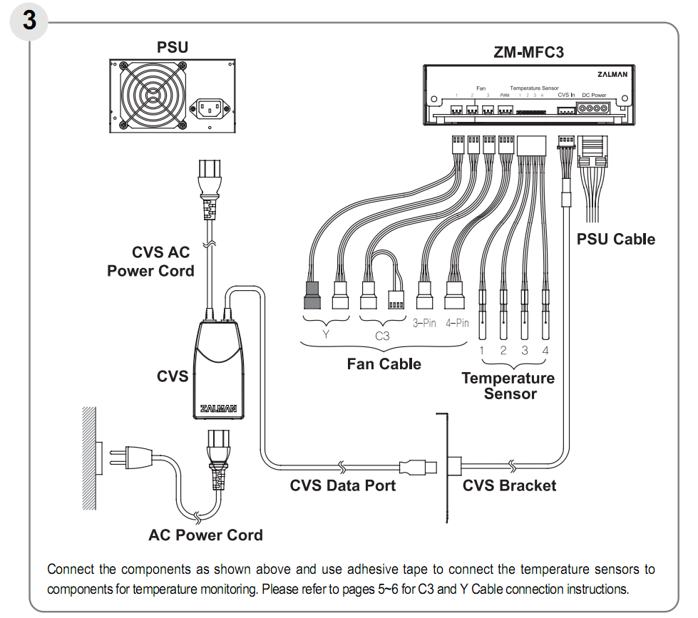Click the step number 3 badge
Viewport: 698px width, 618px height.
coord(29,20)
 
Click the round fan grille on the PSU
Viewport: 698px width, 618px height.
coord(150,96)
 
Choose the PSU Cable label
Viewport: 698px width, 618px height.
coord(615,239)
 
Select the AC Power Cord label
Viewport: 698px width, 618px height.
coord(205,535)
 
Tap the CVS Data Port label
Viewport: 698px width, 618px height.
coord(342,485)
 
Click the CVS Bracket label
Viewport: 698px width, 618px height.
coord(509,485)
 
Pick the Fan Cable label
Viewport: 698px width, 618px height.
coord(384,364)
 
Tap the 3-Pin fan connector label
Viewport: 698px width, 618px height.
coord(424,323)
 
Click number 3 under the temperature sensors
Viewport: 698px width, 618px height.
coord(524,350)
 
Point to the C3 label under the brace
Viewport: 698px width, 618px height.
coord(382,335)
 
